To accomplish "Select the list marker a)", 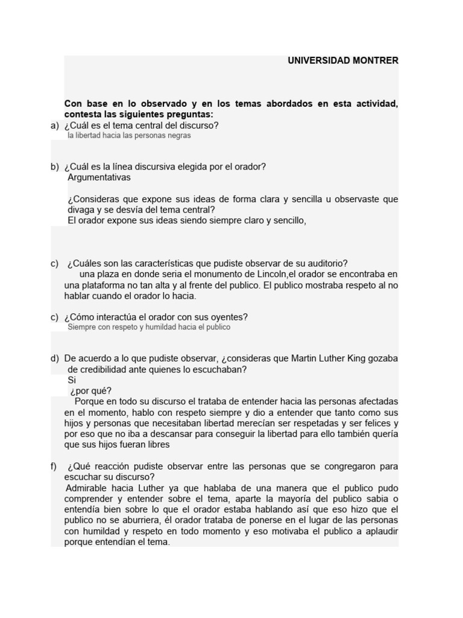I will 55,126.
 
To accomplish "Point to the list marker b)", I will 55,167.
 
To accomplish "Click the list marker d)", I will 55,358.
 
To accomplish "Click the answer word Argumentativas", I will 99,177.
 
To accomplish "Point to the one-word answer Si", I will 72,380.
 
